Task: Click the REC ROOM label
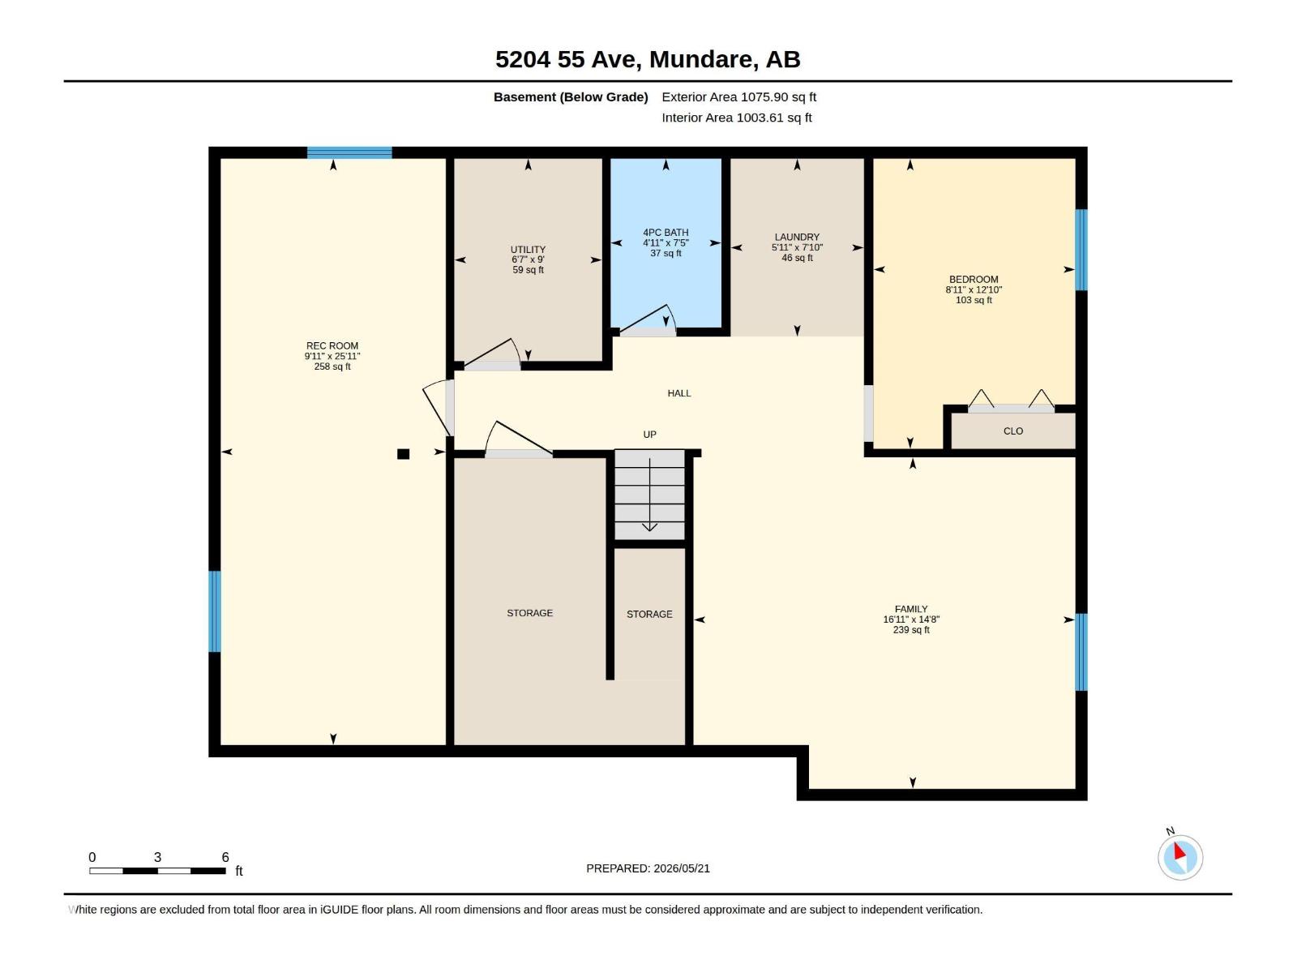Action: point(332,345)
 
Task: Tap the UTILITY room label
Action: point(528,249)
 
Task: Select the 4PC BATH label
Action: point(666,232)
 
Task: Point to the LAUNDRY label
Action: point(797,237)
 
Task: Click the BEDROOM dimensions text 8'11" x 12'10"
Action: point(974,289)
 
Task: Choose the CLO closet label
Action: point(1012,431)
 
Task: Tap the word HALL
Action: point(679,393)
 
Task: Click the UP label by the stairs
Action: point(649,435)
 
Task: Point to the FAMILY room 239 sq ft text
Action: point(910,630)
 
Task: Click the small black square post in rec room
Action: point(403,454)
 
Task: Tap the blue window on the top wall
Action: point(349,152)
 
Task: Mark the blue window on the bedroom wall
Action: point(1081,250)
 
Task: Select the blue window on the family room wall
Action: point(1081,652)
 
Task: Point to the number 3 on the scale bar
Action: point(157,856)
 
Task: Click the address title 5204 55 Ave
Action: point(568,59)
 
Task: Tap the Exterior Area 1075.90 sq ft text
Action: point(738,96)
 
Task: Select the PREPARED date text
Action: point(648,868)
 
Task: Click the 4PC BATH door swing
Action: point(647,318)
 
